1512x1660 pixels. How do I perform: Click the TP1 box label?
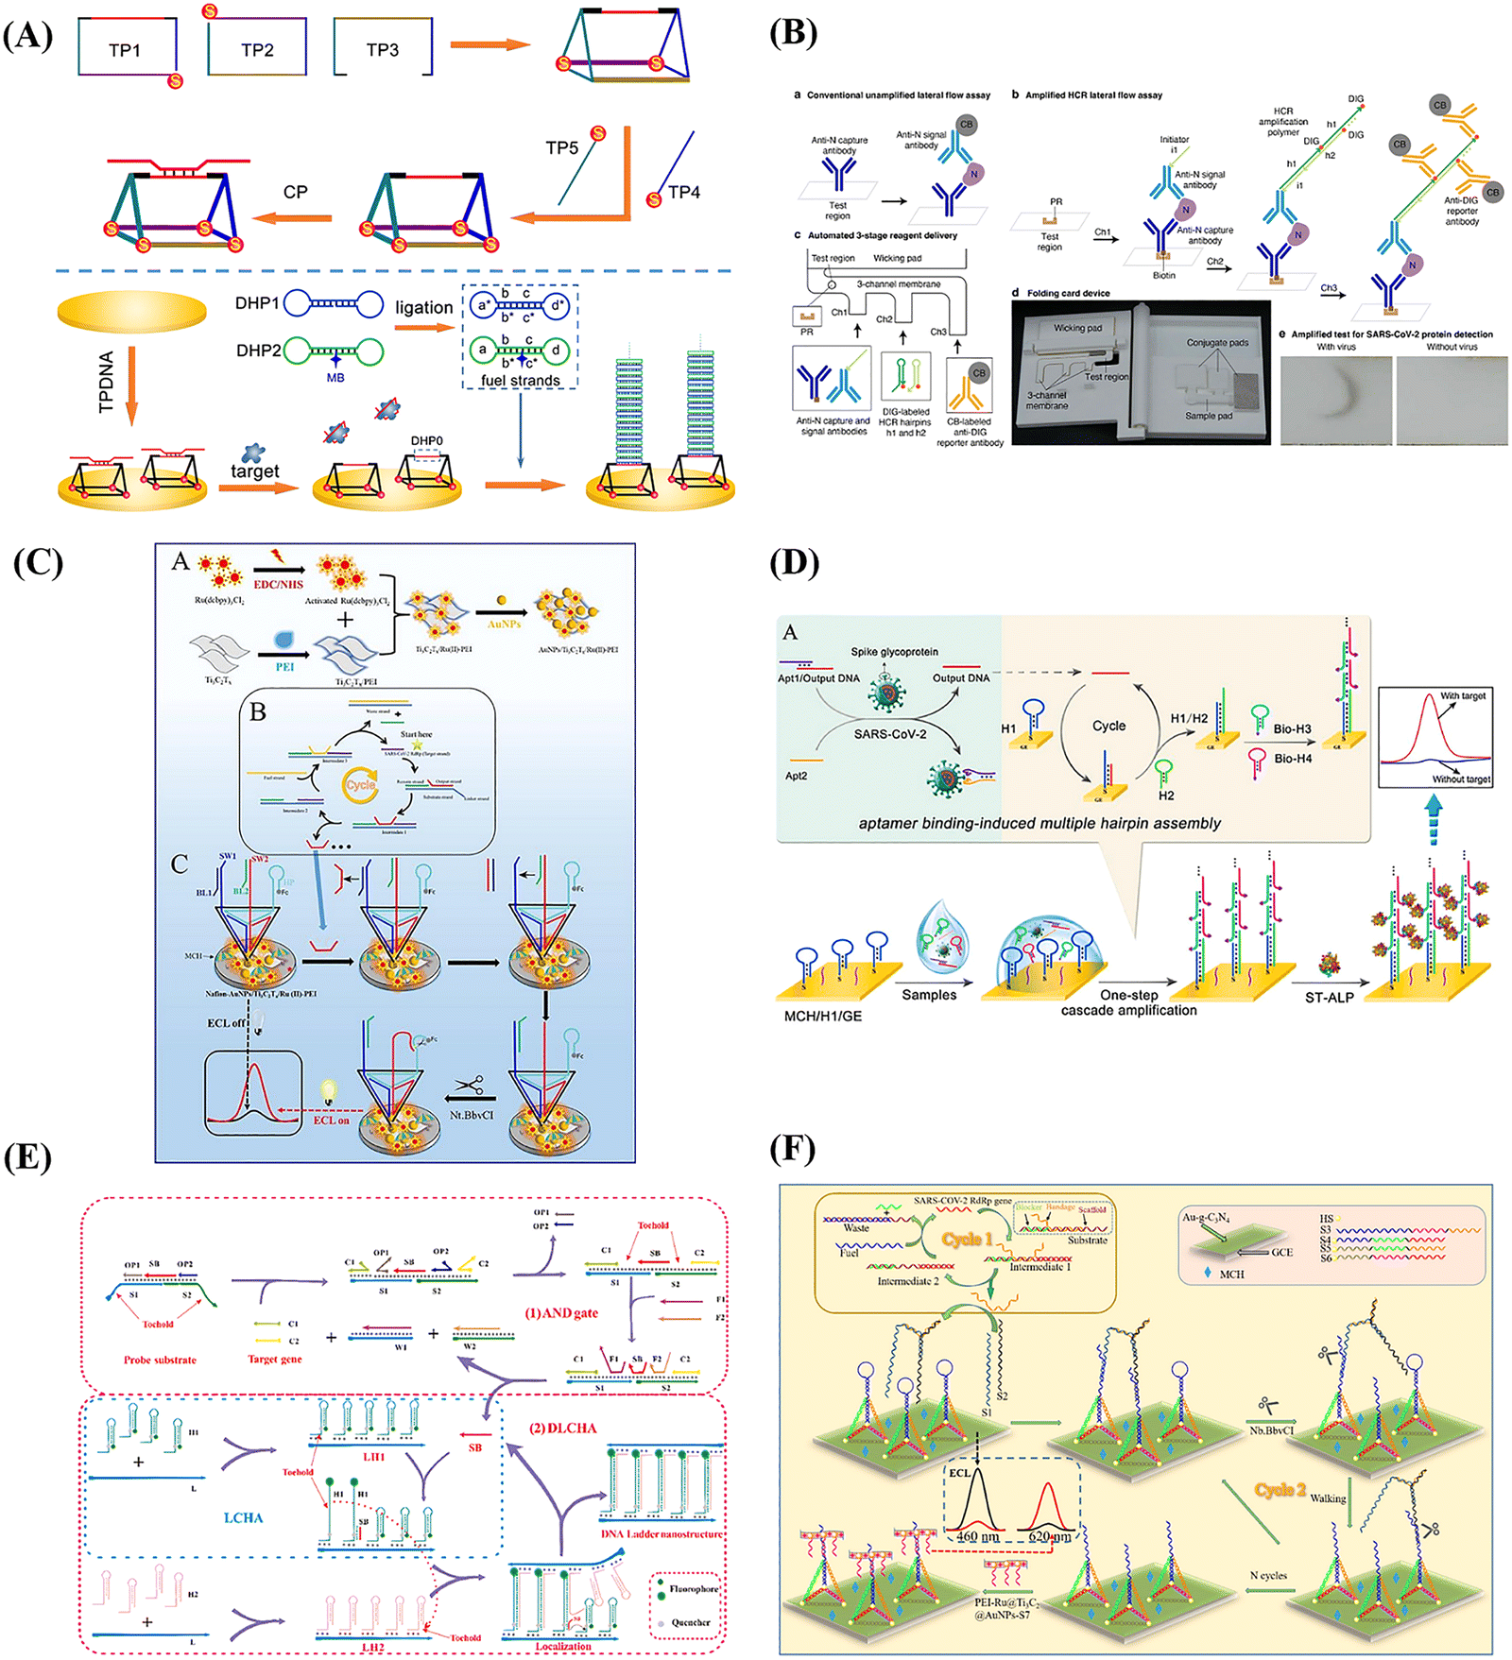coord(125,50)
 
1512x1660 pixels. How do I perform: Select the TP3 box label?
coord(383,50)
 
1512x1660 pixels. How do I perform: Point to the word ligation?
coord(423,307)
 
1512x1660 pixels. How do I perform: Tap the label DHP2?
coord(258,351)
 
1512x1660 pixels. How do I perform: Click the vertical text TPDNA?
coord(106,382)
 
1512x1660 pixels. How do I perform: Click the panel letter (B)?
coord(792,32)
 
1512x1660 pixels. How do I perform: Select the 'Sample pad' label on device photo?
coord(1209,416)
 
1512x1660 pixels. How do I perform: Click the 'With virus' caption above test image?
coord(1336,347)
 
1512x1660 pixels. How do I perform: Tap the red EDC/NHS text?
coord(278,585)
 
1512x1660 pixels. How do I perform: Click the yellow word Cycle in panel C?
coord(360,784)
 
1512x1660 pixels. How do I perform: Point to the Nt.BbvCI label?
coord(472,1115)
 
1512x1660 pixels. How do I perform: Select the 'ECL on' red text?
coord(331,1120)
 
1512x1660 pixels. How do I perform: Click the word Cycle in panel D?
coord(1108,726)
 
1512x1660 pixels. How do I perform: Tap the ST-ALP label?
coord(1329,998)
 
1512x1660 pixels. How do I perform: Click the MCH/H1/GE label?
coord(822,1016)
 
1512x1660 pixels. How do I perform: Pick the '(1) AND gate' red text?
coord(561,1313)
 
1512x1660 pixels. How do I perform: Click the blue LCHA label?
coord(243,1517)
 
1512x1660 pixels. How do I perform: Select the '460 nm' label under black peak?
coord(978,1536)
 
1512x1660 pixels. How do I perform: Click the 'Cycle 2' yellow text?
coord(1280,1490)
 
